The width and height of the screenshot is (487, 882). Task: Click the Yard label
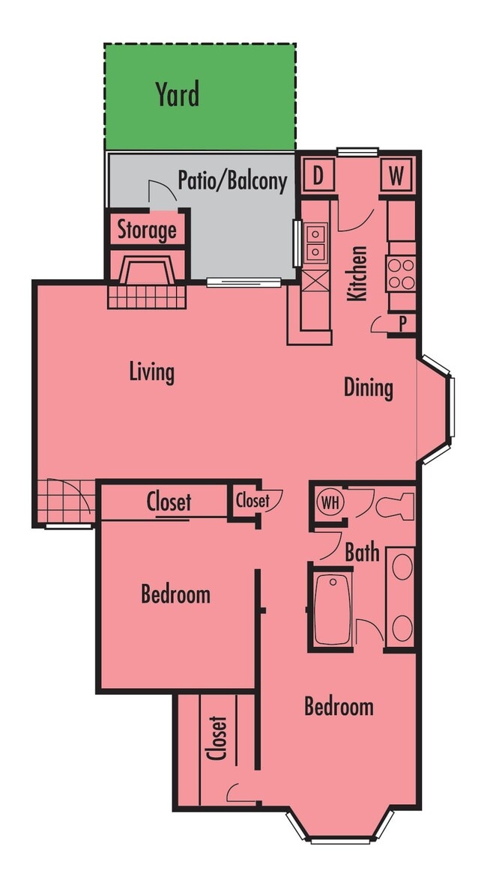(178, 95)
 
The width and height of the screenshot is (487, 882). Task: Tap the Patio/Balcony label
(232, 180)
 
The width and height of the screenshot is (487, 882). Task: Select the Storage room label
(147, 230)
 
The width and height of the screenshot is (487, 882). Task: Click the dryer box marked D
(318, 177)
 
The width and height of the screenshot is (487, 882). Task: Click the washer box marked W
(396, 177)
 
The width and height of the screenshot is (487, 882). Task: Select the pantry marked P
(402, 323)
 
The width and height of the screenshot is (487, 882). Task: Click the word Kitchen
(358, 273)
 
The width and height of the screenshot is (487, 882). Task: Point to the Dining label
(368, 388)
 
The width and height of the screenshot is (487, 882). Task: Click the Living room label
(151, 371)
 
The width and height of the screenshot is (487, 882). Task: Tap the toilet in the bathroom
(395, 505)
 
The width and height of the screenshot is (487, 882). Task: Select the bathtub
(330, 609)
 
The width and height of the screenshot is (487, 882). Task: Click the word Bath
(362, 553)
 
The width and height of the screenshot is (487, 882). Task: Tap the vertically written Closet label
(217, 737)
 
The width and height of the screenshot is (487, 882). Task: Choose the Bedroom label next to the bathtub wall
(339, 707)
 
